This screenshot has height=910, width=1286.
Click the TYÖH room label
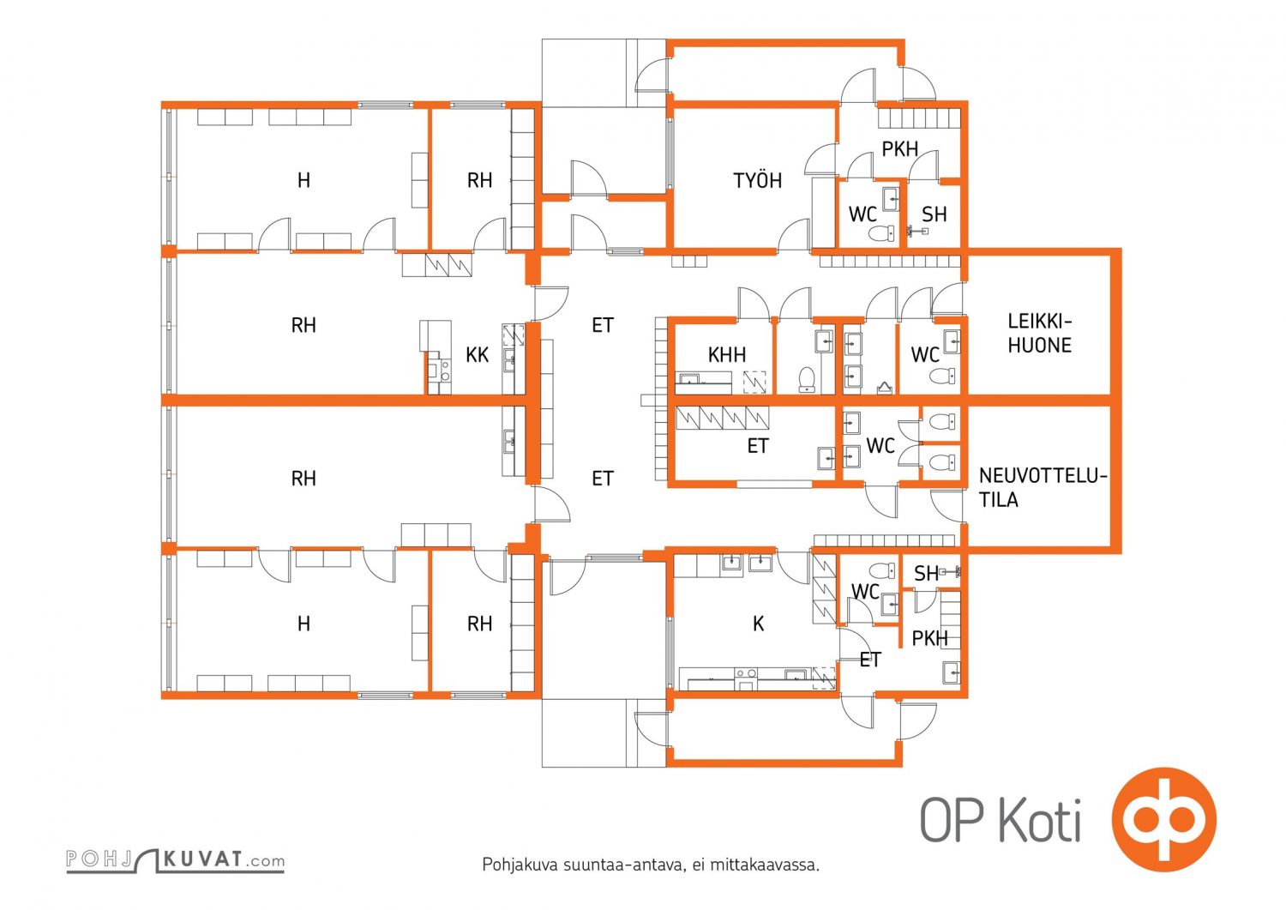click(x=757, y=180)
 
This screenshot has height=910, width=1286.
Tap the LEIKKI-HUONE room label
click(x=1040, y=333)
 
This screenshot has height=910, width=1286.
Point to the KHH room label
click(x=727, y=354)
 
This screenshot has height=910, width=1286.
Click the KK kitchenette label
click(x=477, y=355)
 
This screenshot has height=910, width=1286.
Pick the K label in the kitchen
click(x=759, y=624)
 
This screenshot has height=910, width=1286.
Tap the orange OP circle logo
click(x=1163, y=819)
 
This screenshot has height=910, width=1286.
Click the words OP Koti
click(x=1001, y=820)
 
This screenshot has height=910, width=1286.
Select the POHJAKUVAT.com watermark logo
click(x=176, y=859)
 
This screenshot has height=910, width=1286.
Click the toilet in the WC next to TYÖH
click(x=881, y=233)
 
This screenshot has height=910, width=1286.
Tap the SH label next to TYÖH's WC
click(x=934, y=214)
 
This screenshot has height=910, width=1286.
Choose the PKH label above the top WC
click(x=900, y=148)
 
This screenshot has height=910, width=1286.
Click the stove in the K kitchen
click(x=746, y=678)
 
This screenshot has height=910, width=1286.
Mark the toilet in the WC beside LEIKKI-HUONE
click(x=941, y=377)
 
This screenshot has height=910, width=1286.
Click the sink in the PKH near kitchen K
click(x=951, y=672)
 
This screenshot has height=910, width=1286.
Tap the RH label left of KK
click(x=303, y=325)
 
